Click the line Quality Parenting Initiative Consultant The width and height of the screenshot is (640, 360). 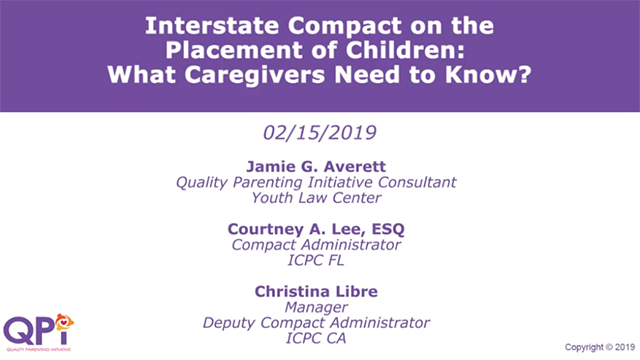point(318,182)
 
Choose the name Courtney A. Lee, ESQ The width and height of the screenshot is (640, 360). point(318,229)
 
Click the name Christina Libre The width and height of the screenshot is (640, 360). point(318,291)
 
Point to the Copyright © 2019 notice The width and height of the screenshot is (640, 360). point(599,347)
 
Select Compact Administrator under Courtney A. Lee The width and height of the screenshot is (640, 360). point(318,245)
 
